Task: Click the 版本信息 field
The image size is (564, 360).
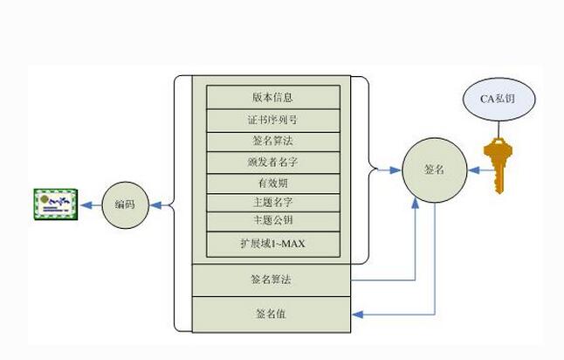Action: pyautogui.click(x=272, y=96)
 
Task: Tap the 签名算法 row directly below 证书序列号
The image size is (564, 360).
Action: pyautogui.click(x=272, y=141)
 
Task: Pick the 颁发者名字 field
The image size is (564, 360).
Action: pyautogui.click(x=272, y=162)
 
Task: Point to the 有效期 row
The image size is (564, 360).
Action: pyautogui.click(x=272, y=183)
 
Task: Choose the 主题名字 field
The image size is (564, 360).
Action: pyautogui.click(x=272, y=203)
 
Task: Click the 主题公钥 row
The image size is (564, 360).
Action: pyautogui.click(x=272, y=219)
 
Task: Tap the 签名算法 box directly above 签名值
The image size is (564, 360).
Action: pyautogui.click(x=272, y=280)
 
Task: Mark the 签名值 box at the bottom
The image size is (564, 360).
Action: pyautogui.click(x=272, y=314)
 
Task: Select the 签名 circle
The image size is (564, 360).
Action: pyautogui.click(x=433, y=170)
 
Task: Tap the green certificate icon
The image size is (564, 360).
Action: pyautogui.click(x=54, y=206)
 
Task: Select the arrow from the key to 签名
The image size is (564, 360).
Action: pyautogui.click(x=474, y=170)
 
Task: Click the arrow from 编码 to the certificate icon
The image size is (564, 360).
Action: pyautogui.click(x=90, y=206)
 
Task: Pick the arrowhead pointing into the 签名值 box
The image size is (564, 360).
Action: pyautogui.click(x=357, y=314)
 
